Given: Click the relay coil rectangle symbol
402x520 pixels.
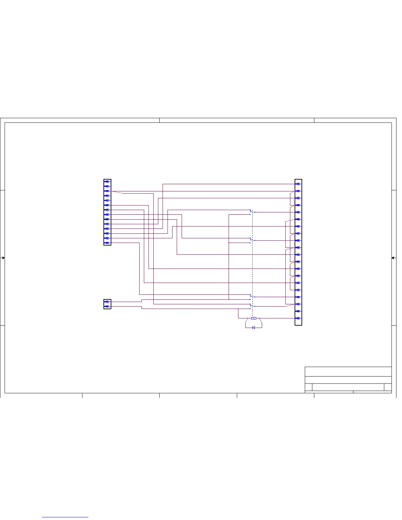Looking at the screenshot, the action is [x=253, y=318].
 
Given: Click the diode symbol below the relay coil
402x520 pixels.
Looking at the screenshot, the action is [x=253, y=328].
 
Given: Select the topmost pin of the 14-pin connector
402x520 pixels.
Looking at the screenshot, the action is [x=107, y=181].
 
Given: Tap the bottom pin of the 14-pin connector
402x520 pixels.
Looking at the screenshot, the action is [x=107, y=243].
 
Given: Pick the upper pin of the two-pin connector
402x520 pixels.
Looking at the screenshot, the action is [x=107, y=301].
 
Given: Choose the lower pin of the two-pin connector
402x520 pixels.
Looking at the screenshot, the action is [x=107, y=307].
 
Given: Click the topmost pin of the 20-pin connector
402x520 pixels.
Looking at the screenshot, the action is [x=298, y=184].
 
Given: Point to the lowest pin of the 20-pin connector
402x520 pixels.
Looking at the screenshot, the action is [x=298, y=318].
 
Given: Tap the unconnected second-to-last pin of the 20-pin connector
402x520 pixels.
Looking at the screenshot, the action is [x=298, y=311].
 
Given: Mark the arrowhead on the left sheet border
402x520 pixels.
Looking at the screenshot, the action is [x=3, y=258].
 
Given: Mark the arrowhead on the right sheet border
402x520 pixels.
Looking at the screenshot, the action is [x=393, y=258].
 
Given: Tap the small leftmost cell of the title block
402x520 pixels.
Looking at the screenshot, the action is [x=308, y=387].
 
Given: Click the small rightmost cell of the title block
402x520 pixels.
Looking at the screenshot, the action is [x=388, y=387].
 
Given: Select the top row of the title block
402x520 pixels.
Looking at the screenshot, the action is [x=348, y=372].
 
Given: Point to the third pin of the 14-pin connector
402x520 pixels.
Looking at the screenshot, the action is [x=107, y=191].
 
